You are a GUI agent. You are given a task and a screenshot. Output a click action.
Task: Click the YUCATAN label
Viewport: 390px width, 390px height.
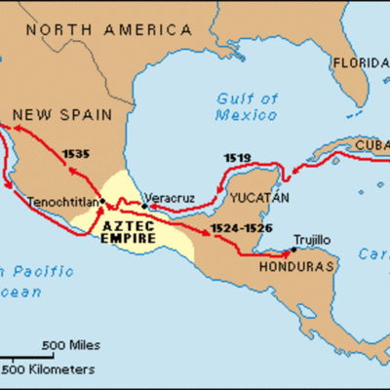(x=258, y=197)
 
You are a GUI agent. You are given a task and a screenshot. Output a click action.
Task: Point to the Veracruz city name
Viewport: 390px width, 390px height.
(x=168, y=194)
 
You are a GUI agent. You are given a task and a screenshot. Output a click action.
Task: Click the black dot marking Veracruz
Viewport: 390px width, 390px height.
(x=144, y=205)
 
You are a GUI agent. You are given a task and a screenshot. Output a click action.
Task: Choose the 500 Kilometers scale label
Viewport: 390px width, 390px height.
(x=49, y=370)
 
